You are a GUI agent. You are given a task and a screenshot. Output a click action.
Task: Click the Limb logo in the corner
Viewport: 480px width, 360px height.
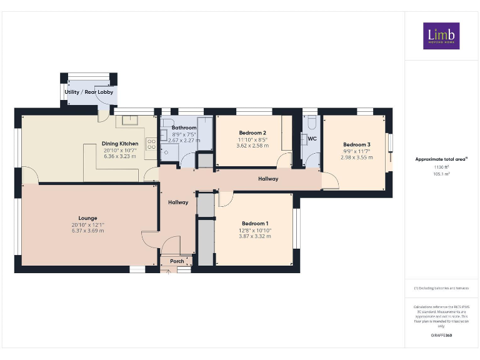[441, 36]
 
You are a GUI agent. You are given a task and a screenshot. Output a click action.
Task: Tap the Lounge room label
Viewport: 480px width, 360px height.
[87, 218]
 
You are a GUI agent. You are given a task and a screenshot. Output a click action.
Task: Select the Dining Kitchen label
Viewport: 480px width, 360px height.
[120, 144]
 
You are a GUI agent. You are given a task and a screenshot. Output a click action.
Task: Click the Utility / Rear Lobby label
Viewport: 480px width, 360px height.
[89, 92]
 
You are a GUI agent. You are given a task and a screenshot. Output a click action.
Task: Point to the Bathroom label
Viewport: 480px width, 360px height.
[184, 127]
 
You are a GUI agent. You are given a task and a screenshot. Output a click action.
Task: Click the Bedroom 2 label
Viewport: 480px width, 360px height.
[252, 133]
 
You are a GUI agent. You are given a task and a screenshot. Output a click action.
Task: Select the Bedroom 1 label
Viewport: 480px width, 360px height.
[255, 224]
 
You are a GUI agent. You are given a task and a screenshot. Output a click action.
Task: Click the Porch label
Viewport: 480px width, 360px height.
[177, 261]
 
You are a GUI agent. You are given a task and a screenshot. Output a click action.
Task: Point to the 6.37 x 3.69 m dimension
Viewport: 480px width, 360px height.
[87, 231]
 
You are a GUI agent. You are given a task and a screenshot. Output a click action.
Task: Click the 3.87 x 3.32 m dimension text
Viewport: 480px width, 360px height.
[255, 236]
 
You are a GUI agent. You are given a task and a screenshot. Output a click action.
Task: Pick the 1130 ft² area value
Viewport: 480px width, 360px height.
[441, 167]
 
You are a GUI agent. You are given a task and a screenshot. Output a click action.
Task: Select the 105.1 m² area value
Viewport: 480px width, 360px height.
[441, 174]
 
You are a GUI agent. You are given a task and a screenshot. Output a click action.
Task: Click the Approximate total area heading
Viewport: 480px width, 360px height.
[441, 159]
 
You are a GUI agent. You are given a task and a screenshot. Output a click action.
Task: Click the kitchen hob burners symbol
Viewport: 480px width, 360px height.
[151, 145]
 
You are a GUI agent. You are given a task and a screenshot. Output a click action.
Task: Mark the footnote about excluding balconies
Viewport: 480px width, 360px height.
[441, 288]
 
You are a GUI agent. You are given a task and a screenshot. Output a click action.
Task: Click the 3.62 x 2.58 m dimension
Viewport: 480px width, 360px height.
[252, 146]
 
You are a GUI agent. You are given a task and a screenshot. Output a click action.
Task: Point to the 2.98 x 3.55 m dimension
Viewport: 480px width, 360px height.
[356, 157]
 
